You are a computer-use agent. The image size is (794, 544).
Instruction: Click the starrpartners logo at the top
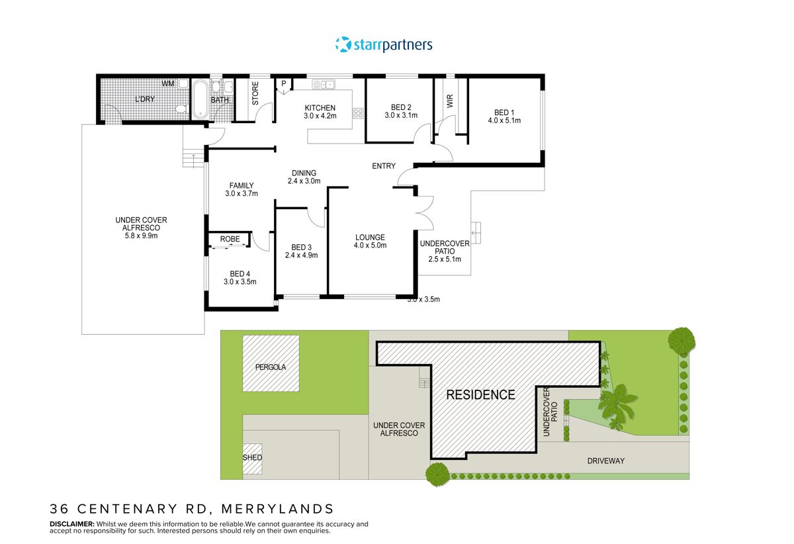pyautogui.click(x=384, y=44)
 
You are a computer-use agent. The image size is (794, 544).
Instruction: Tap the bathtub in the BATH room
pyautogui.click(x=200, y=99)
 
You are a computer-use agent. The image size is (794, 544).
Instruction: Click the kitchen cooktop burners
pyautogui.click(x=359, y=113)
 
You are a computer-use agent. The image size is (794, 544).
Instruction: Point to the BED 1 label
pyautogui.click(x=504, y=112)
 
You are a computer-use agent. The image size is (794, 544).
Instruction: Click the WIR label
pyautogui.click(x=451, y=101)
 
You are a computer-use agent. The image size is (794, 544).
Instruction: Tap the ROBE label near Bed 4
pyautogui.click(x=230, y=239)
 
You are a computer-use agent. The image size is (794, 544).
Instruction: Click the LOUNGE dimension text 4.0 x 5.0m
pyautogui.click(x=370, y=246)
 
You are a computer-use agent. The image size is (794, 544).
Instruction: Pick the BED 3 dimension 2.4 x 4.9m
pyautogui.click(x=302, y=255)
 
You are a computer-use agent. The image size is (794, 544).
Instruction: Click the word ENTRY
pyautogui.click(x=384, y=166)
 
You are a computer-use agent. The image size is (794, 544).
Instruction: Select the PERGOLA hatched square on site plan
pyautogui.click(x=271, y=363)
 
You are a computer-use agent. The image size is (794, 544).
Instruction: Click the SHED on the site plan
pyautogui.click(x=252, y=458)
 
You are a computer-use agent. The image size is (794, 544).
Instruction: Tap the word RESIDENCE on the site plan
pyautogui.click(x=480, y=395)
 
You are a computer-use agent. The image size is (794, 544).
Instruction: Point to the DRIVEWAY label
pyautogui.click(x=605, y=461)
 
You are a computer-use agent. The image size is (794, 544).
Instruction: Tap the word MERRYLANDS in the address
pyautogui.click(x=279, y=509)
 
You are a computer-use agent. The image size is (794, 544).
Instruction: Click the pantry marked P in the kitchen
pyautogui.click(x=284, y=83)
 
